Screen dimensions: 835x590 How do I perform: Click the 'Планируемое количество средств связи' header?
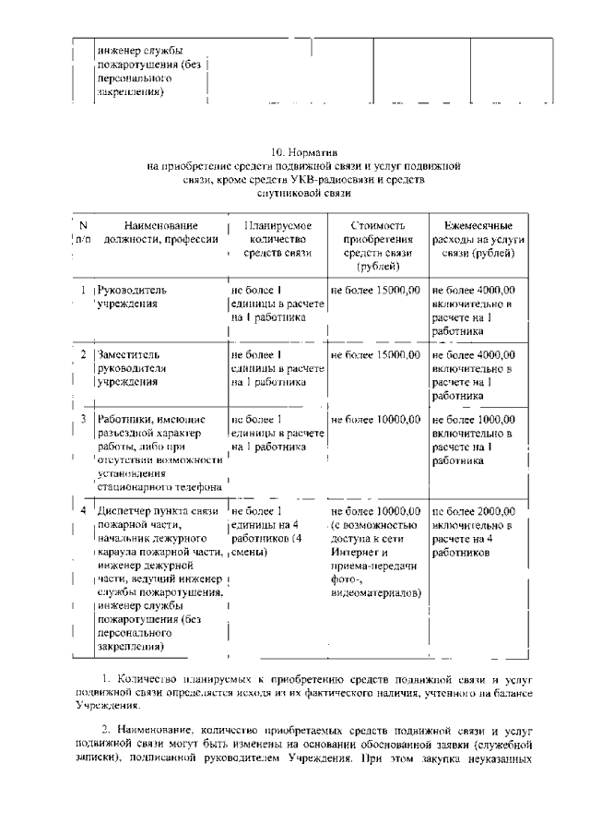(x=277, y=239)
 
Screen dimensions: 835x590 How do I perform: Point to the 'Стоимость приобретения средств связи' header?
(x=377, y=245)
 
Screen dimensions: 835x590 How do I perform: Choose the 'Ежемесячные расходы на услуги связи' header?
(x=478, y=239)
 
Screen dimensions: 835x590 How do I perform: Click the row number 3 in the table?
(x=83, y=420)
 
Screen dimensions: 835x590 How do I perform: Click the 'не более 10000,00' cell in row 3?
(x=375, y=420)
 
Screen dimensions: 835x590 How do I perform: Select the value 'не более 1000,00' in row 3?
(x=472, y=420)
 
